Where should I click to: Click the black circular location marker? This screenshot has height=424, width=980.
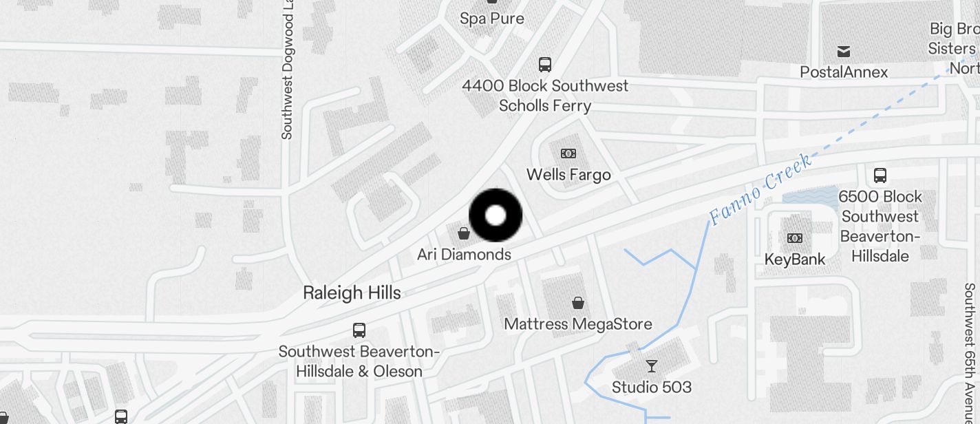pos(496,215)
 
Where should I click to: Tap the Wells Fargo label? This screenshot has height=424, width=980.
pos(568,175)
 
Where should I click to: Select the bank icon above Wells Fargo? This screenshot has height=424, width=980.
pos(568,153)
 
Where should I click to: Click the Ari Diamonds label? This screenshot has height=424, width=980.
pos(464,255)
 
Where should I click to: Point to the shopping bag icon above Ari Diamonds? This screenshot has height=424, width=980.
pos(464,233)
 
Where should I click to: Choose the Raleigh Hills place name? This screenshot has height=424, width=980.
pos(352,293)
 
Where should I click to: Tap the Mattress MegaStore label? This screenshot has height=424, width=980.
pos(578,324)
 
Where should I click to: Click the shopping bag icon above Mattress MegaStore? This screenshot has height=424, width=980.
pos(579,302)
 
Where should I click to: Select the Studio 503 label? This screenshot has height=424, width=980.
pos(652,387)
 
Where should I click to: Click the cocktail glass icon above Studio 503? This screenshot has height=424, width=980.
pos(652,365)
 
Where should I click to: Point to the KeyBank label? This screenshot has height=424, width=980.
pos(795,259)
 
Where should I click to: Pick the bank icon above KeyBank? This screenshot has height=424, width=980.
pos(795,238)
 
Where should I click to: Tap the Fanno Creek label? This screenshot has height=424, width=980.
pos(760,190)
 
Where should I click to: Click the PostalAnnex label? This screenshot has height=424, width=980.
pos(844,72)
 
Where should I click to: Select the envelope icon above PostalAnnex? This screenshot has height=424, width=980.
pos(844,52)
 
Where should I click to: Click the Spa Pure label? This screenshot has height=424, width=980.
pos(492,19)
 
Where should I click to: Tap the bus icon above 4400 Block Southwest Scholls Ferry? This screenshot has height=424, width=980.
pos(545,65)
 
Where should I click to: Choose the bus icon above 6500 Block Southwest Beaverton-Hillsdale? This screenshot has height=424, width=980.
pos(880,175)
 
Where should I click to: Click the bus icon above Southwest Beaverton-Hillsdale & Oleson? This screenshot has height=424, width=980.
pos(359,330)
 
